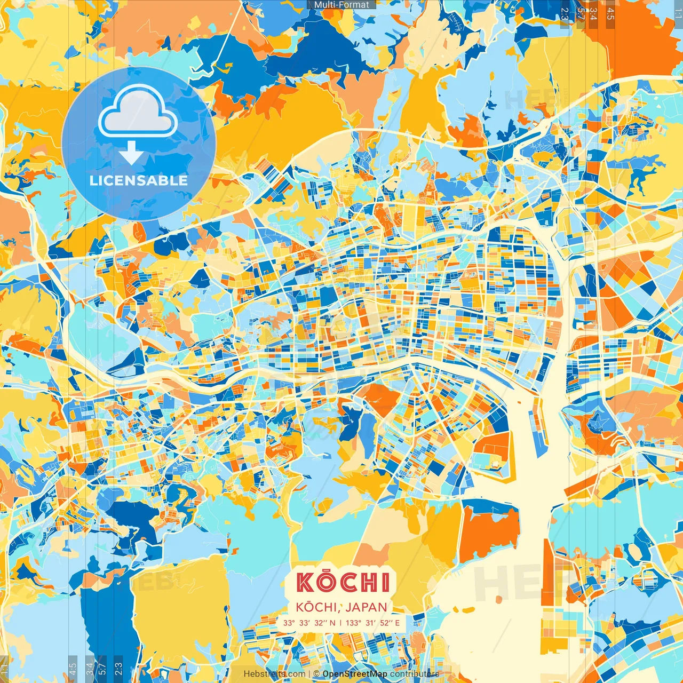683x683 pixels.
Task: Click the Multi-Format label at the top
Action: tap(341, 5)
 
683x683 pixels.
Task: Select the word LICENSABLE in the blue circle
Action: tap(139, 180)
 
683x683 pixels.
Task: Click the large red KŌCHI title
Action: tap(344, 582)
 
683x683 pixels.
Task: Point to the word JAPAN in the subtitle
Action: tap(366, 607)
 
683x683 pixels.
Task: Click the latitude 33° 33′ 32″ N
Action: tap(309, 623)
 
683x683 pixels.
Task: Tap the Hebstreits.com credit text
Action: tap(275, 674)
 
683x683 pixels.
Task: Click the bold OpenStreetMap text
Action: tap(355, 674)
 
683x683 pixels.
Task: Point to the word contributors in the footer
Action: tap(415, 674)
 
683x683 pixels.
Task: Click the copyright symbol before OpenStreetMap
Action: tap(316, 674)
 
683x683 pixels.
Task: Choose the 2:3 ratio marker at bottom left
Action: tap(118, 669)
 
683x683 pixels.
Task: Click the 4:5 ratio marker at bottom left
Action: tap(73, 669)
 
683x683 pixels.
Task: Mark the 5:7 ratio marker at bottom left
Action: tap(102, 669)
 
